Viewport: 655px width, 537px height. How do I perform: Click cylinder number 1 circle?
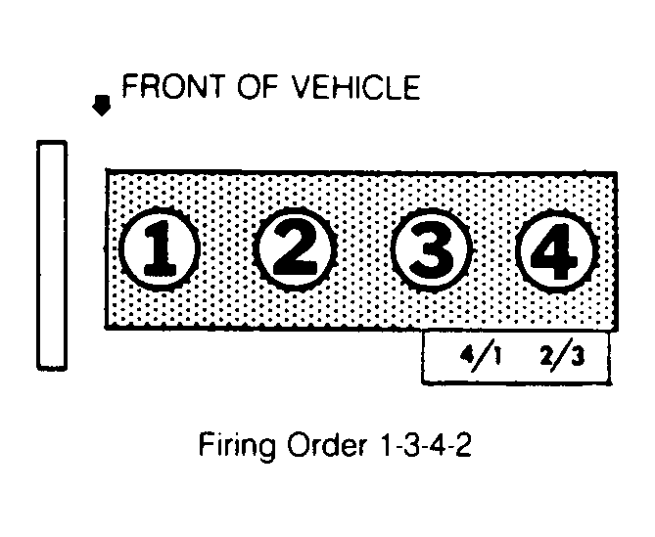click(159, 249)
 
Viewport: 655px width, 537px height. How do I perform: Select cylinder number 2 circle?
click(295, 249)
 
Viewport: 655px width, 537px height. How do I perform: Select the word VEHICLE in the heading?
click(355, 87)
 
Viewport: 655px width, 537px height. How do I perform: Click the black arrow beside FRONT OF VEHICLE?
click(102, 105)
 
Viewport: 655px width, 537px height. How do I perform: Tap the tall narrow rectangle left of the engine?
click(52, 255)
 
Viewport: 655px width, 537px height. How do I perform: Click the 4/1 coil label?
click(481, 356)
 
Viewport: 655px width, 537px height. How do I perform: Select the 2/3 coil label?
click(562, 357)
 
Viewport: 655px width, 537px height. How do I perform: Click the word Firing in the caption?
click(237, 446)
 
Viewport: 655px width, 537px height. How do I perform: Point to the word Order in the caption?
click(327, 445)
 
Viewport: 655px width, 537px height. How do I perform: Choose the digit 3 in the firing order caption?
click(410, 445)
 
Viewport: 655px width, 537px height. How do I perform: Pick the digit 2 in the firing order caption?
click(463, 445)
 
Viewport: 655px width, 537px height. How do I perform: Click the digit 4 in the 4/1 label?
click(467, 354)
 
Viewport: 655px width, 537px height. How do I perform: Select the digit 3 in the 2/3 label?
click(577, 357)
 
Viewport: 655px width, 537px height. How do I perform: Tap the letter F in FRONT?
click(129, 86)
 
